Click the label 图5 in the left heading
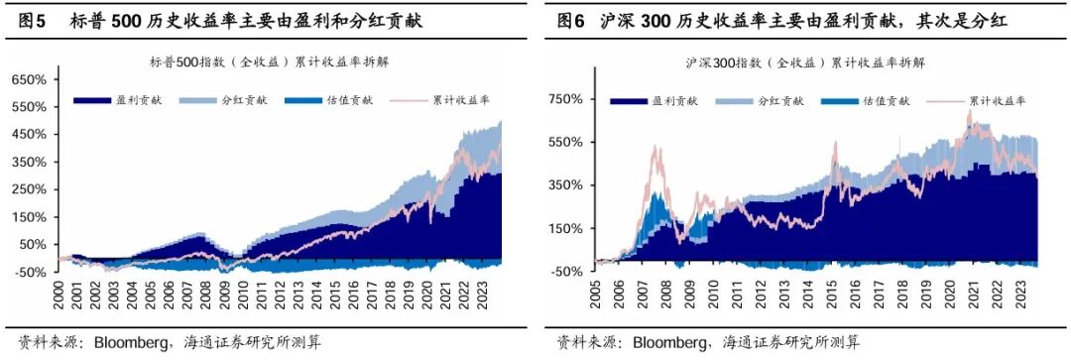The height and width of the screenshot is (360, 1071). pos(24,20)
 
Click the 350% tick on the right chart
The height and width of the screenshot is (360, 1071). pos(571,184)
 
